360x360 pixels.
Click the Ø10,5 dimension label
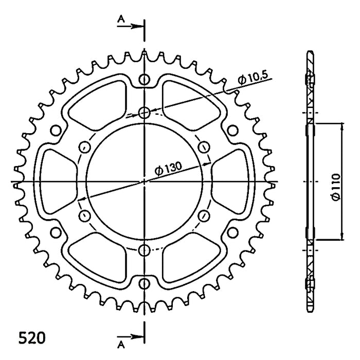pyautogui.click(x=253, y=79)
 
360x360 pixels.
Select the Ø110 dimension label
pyautogui.click(x=336, y=187)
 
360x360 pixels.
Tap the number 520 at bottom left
pyautogui.click(x=32, y=338)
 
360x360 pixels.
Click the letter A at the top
pyautogui.click(x=121, y=19)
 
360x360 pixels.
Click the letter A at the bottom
pyautogui.click(x=121, y=345)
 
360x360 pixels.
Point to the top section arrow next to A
pyautogui.click(x=131, y=26)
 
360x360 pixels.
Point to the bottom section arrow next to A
pyautogui.click(x=131, y=337)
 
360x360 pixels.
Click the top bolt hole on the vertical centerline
pyautogui.click(x=144, y=113)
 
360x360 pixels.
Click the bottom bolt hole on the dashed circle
pyautogui.click(x=144, y=250)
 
